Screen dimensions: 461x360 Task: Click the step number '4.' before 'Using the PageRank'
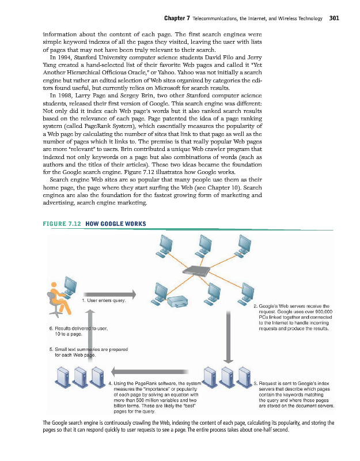click(110, 383)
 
